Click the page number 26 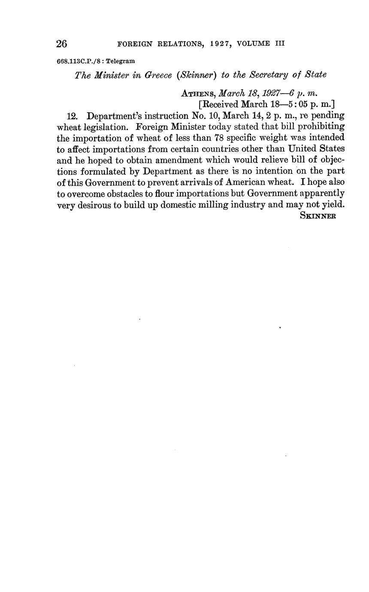point(62,44)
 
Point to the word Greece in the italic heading point(158,75)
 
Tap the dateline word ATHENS point(199,93)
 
